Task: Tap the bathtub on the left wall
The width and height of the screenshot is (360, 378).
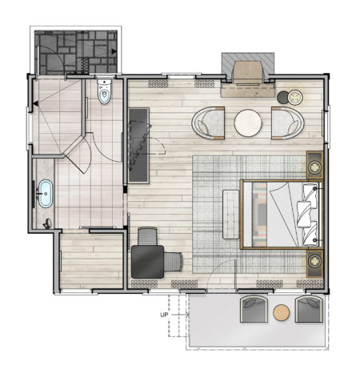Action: click(45, 195)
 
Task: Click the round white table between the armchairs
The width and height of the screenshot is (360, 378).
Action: click(249, 123)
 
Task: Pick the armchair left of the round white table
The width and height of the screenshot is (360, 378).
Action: click(210, 123)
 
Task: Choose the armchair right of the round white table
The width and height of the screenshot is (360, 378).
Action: click(286, 123)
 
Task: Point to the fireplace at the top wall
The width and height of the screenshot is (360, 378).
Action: click(248, 70)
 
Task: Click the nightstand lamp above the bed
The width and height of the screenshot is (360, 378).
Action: click(316, 167)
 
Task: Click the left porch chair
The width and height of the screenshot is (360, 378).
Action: click(253, 309)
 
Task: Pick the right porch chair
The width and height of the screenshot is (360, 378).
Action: click(309, 309)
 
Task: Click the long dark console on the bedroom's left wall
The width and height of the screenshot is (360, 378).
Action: click(139, 138)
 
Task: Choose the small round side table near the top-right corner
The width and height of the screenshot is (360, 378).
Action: click(290, 98)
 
